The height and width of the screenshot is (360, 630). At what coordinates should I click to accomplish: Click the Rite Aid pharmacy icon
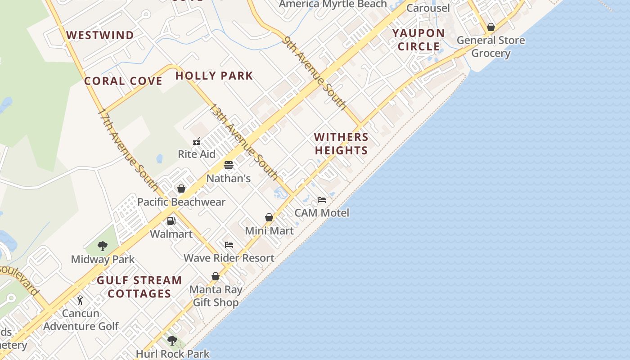197,141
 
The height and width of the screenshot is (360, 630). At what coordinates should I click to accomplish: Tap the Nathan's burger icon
229,165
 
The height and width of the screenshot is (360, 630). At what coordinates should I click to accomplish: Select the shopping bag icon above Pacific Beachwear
181,189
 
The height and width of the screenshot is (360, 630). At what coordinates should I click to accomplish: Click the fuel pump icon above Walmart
171,221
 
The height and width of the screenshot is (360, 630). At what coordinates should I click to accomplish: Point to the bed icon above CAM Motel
321,199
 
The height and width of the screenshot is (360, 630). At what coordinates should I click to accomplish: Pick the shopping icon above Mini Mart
269,218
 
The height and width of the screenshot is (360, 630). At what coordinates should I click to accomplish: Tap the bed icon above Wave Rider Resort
229,245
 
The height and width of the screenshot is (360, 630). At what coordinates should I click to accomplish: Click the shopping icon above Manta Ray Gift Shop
216,276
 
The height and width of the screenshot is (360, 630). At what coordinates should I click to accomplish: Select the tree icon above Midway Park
103,246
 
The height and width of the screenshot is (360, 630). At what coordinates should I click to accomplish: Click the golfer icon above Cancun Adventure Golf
81,300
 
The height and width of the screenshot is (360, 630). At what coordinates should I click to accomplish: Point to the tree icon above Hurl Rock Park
172,341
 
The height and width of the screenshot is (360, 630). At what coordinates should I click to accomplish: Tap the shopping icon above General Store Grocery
491,27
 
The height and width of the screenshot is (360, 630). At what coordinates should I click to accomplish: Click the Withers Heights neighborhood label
341,144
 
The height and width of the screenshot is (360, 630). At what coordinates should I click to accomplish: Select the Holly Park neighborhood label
214,76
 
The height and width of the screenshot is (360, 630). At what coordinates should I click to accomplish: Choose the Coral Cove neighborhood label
123,81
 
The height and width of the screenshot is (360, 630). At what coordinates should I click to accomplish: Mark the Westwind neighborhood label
100,35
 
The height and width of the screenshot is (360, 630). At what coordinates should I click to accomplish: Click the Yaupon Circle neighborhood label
418,40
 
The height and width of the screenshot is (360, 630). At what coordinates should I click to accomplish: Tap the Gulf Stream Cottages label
139,287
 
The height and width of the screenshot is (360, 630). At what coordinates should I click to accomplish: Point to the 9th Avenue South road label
315,73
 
